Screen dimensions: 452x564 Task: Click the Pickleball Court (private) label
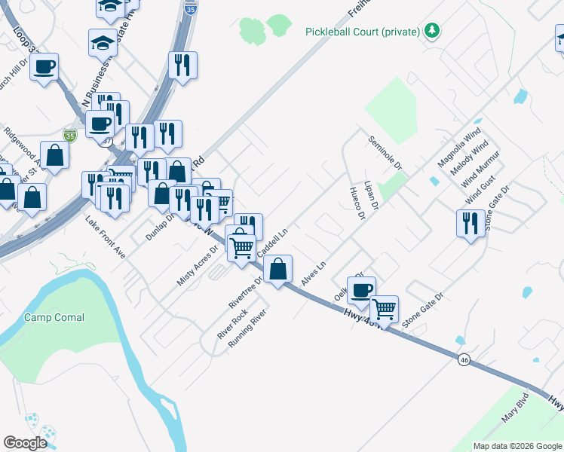(363, 32)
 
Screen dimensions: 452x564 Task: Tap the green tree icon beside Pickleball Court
(432, 31)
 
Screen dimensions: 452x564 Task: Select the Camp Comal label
(54, 317)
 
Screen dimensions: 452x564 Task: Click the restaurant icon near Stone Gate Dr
(470, 224)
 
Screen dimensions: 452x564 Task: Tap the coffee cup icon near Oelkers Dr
(361, 290)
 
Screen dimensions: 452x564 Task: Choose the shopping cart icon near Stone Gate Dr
(384, 308)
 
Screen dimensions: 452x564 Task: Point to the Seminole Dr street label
(385, 152)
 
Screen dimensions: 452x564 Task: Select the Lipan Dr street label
(370, 195)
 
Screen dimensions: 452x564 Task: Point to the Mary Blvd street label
(513, 409)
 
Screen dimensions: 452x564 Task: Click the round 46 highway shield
(464, 361)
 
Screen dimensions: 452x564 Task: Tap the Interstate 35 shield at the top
(192, 10)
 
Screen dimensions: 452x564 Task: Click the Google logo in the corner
(25, 442)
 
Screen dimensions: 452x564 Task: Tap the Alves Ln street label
(313, 273)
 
